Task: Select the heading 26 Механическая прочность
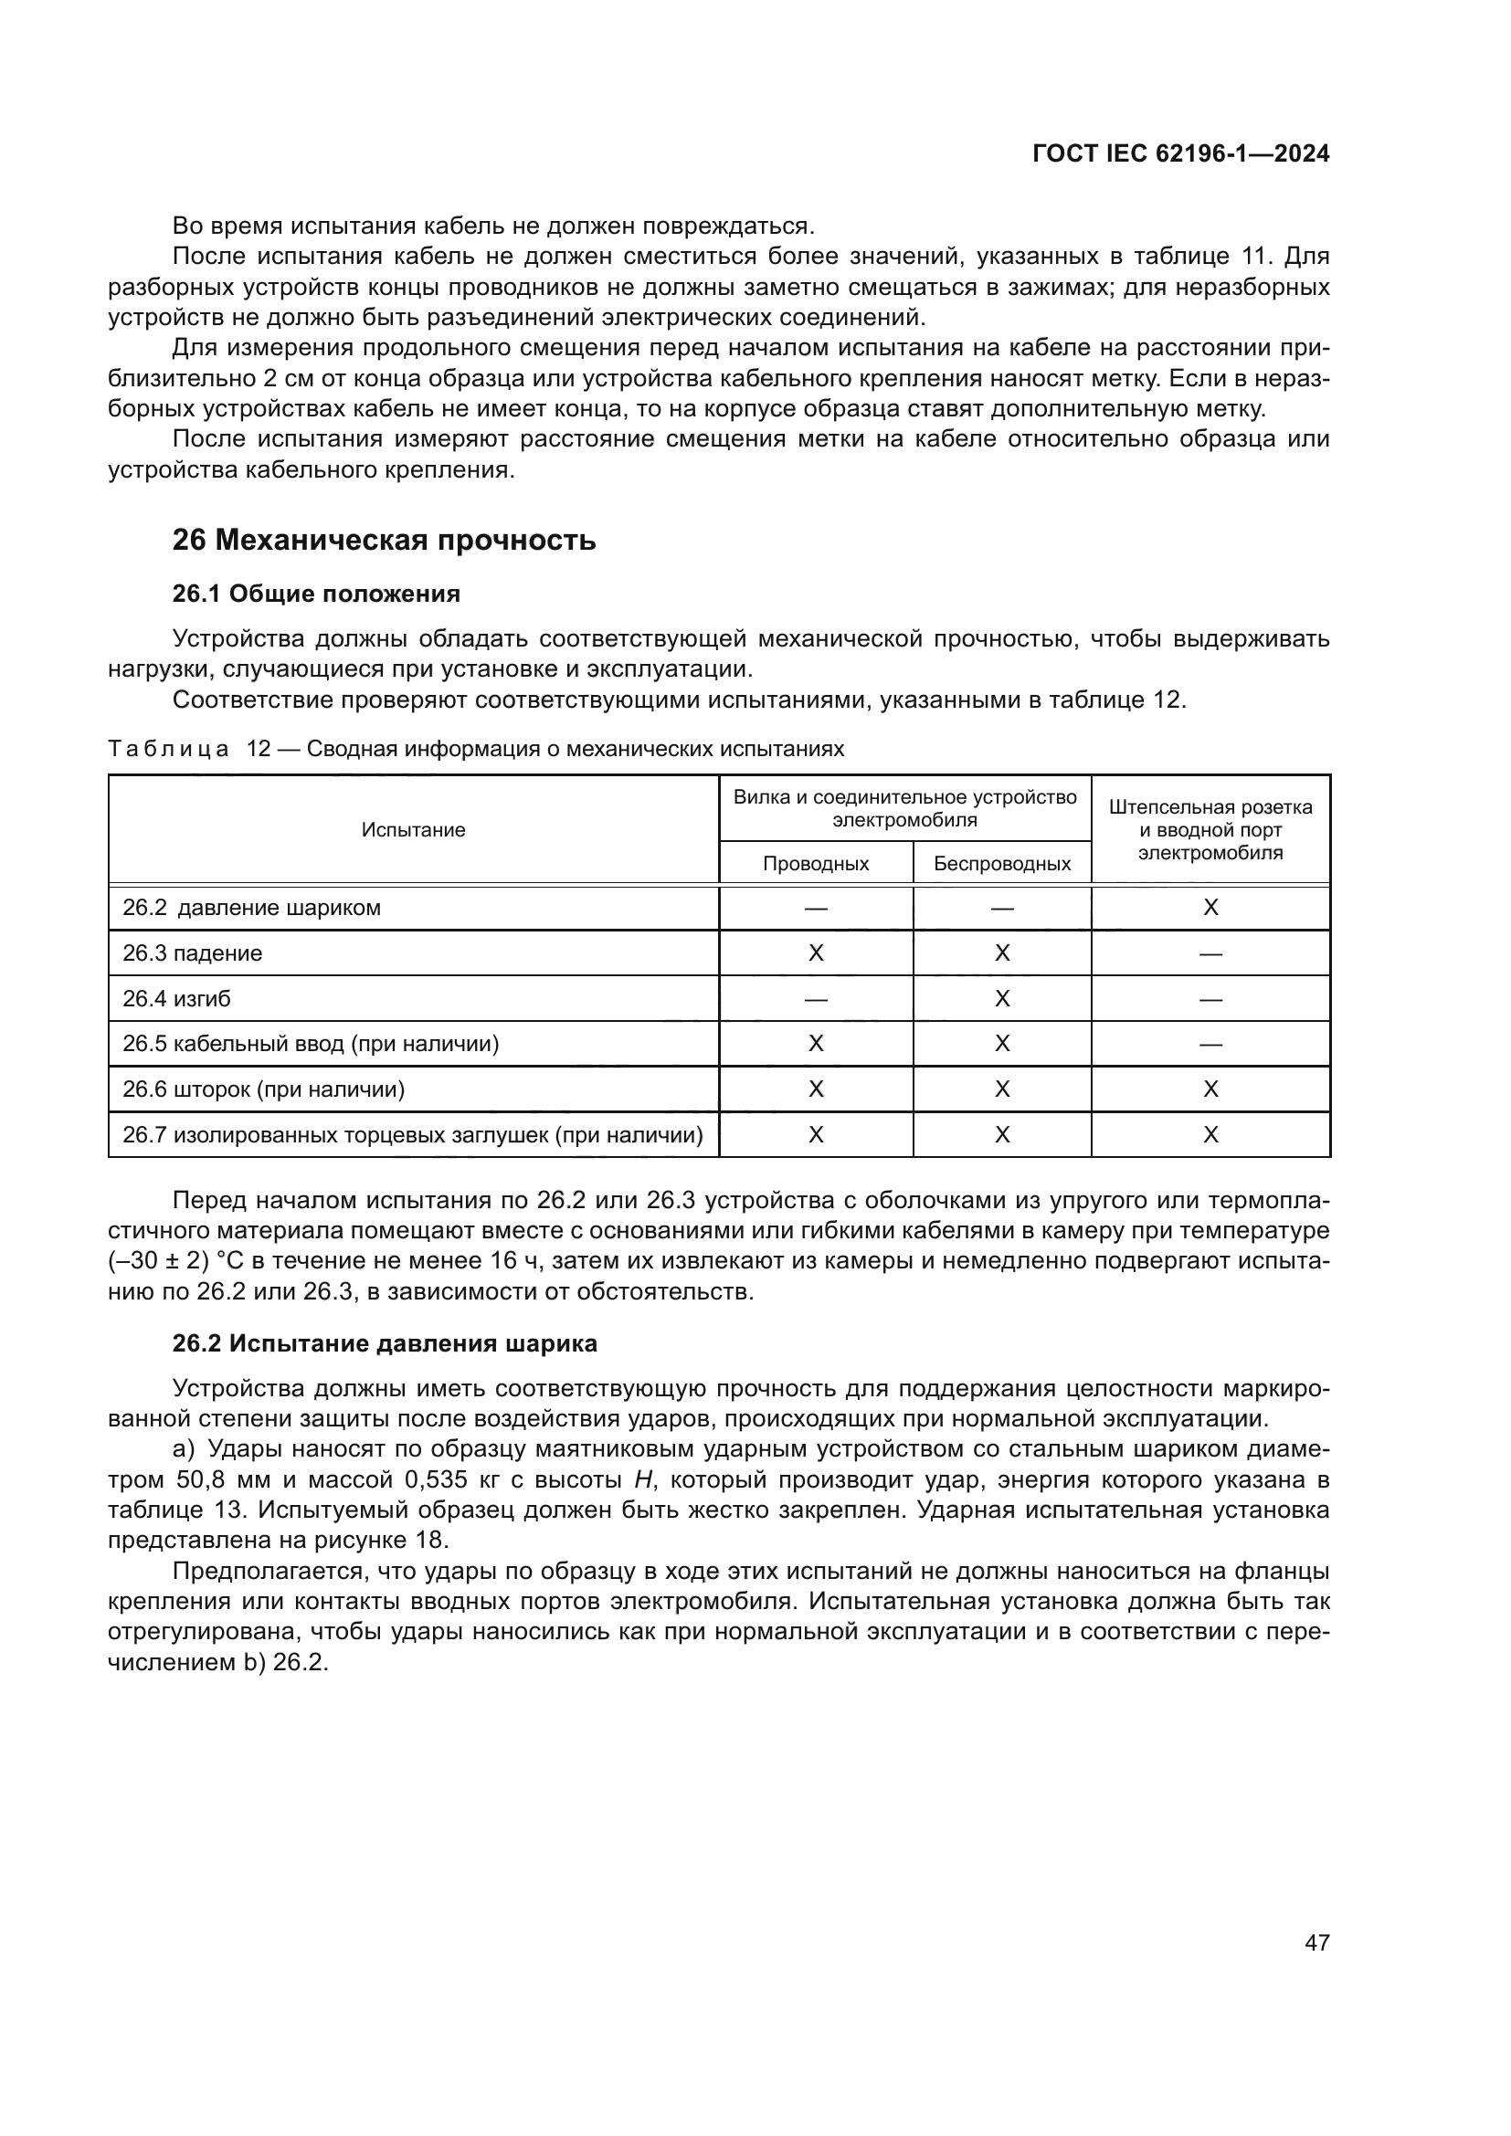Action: tap(384, 540)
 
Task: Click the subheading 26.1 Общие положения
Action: tap(316, 594)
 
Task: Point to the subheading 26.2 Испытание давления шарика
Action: tap(385, 1343)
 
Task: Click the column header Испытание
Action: tap(413, 830)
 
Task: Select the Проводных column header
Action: tap(815, 863)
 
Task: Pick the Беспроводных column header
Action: tap(1002, 863)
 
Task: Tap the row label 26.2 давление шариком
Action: tap(252, 908)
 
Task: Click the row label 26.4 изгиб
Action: tap(177, 999)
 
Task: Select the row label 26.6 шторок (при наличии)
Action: tap(263, 1089)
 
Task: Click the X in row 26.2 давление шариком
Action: tap(1210, 908)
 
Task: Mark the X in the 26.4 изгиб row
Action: tap(1002, 999)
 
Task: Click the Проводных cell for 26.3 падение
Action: tap(815, 953)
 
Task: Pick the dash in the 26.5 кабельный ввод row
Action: tap(1210, 1045)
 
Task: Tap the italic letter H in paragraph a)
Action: tap(641, 1480)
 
